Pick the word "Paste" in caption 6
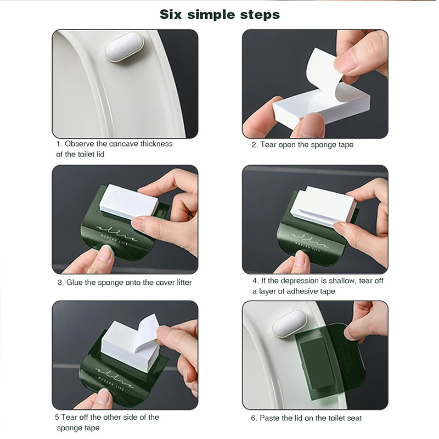271,418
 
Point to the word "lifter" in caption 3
181,283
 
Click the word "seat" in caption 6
353,418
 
